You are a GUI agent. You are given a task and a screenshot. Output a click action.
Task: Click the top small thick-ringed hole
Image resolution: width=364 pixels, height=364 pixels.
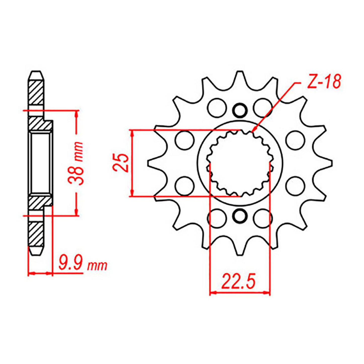pos(240,110)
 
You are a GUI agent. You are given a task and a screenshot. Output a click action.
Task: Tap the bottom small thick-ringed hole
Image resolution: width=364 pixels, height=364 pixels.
pos(240,216)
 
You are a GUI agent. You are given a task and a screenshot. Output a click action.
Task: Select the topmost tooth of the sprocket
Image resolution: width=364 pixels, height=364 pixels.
pos(240,77)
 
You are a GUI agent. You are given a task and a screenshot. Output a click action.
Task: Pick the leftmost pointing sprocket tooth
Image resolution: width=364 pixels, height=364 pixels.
pos(153,163)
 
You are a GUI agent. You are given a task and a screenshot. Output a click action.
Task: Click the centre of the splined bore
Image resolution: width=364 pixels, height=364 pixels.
pos(240,163)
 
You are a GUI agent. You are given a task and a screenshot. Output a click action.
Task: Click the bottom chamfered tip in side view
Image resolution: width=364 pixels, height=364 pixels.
pos(36,251)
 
